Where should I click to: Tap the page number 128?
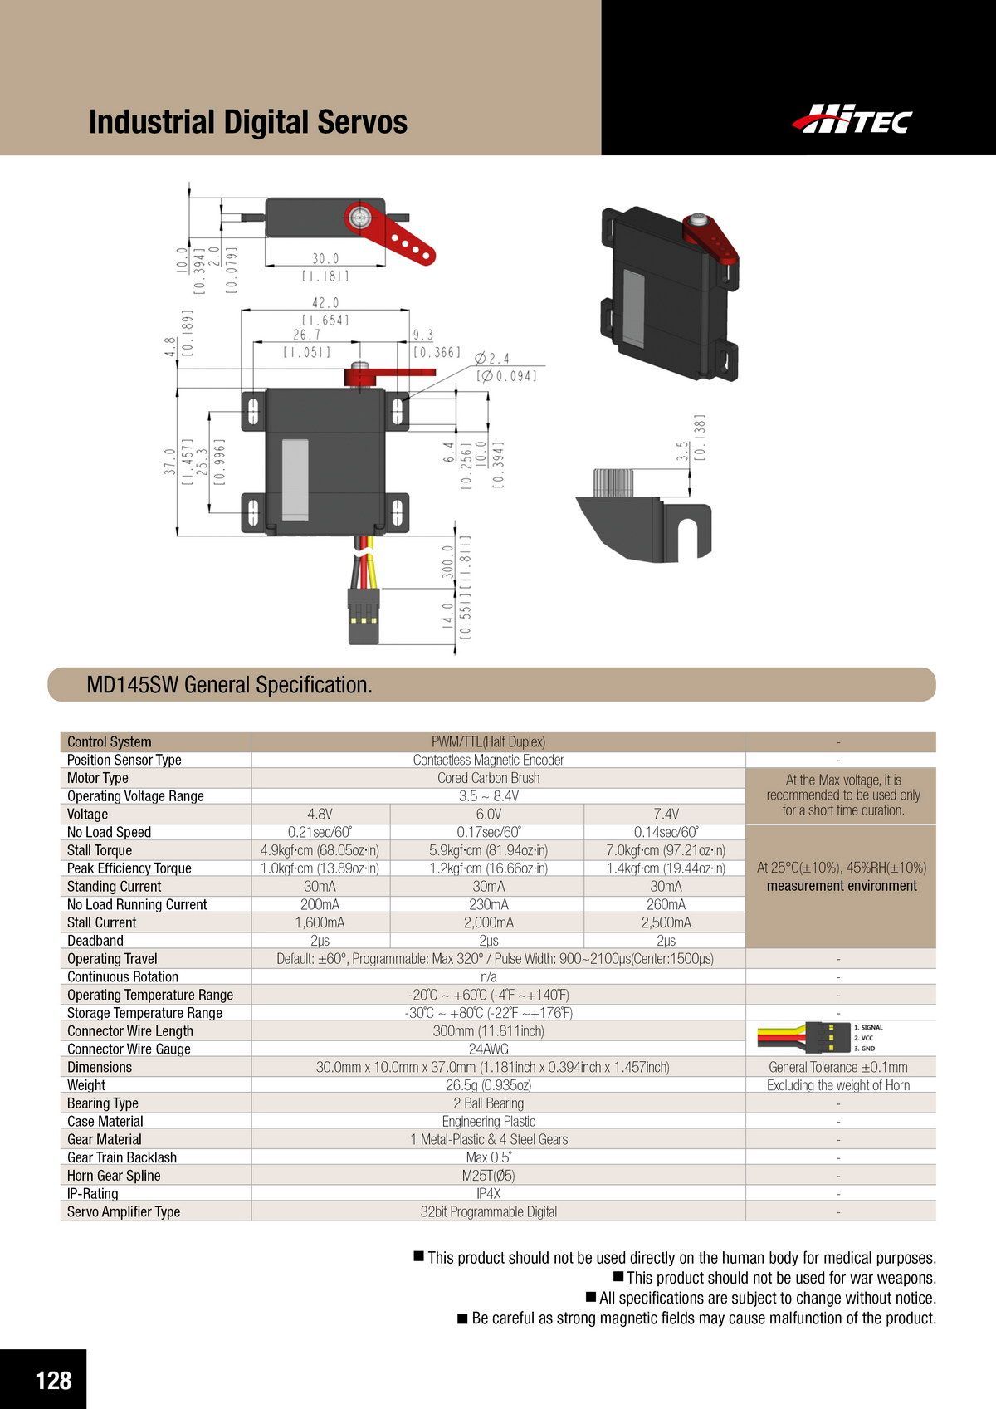click(53, 1380)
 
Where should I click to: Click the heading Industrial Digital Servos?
click(247, 122)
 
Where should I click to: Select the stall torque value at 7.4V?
click(666, 850)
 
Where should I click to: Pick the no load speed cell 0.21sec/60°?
click(320, 832)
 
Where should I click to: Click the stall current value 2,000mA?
click(488, 922)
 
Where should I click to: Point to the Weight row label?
click(86, 1085)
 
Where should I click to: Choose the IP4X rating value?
click(488, 1193)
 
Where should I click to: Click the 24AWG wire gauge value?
click(488, 1049)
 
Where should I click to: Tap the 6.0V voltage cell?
click(488, 814)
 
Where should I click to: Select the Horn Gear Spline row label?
click(114, 1176)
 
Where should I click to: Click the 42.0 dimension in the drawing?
click(325, 303)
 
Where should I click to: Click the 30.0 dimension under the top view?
click(325, 259)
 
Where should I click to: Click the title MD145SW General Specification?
click(230, 685)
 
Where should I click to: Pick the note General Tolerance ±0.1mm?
click(838, 1067)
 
